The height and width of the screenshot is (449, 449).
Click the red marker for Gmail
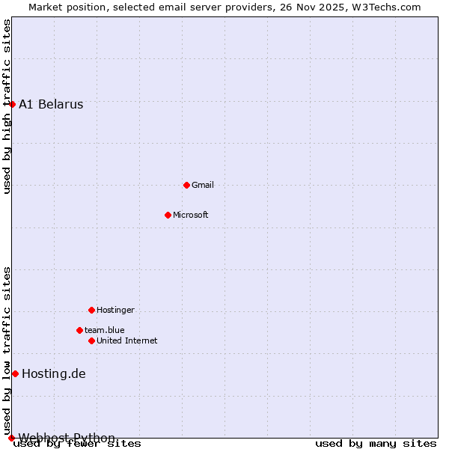[x=186, y=185]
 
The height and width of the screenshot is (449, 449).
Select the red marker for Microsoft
[x=168, y=215]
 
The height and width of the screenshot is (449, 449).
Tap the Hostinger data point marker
[x=91, y=310]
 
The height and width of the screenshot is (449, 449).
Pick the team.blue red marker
[x=79, y=330]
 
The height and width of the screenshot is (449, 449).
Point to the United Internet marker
[x=91, y=340]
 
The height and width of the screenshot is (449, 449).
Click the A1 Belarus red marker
[x=12, y=104]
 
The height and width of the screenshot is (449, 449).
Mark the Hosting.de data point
[x=15, y=373]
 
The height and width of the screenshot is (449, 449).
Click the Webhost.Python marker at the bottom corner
[x=11, y=438]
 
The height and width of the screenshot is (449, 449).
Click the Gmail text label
[x=203, y=185]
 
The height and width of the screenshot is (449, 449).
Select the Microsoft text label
[x=191, y=215]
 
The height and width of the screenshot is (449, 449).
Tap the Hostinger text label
[x=115, y=310]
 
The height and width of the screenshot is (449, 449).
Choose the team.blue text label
[x=105, y=330]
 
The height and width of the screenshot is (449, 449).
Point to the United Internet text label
[x=127, y=340]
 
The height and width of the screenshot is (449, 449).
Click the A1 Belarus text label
[x=51, y=104]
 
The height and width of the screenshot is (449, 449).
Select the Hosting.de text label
[x=54, y=373]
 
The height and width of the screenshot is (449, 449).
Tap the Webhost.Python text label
[x=67, y=438]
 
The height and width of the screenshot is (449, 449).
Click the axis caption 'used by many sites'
[x=376, y=444]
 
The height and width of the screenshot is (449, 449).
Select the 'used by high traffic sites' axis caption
[x=7, y=106]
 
